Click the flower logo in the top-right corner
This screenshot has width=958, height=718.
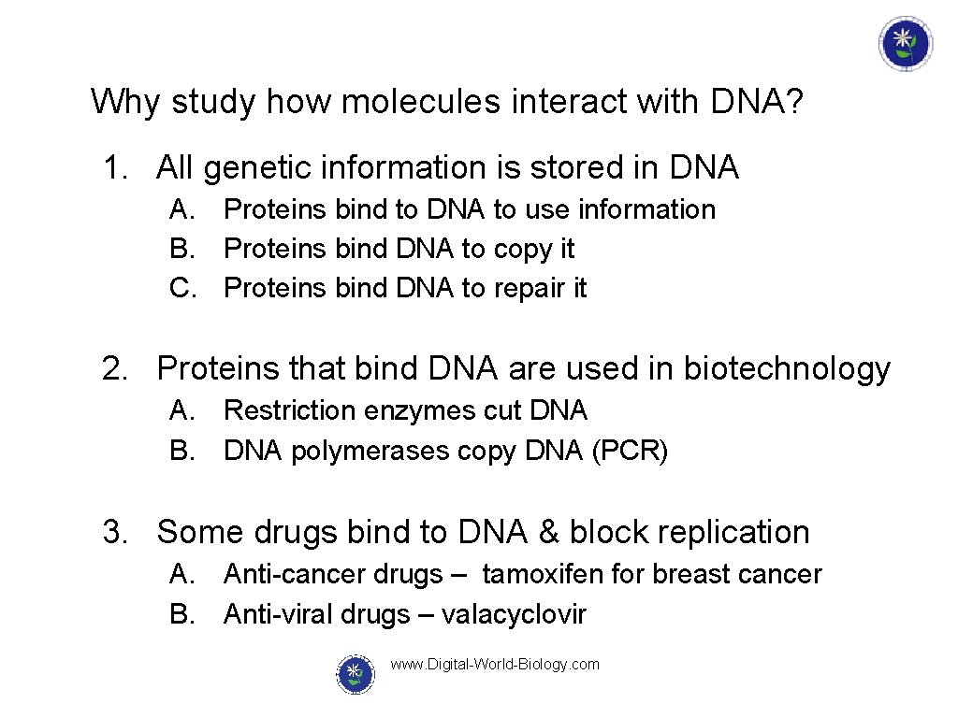click(905, 44)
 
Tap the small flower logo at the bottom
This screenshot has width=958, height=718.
click(355, 673)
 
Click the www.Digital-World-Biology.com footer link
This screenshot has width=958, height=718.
click(495, 665)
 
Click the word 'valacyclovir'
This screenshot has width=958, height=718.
click(514, 614)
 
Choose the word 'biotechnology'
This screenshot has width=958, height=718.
click(787, 369)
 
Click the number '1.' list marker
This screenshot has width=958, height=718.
click(116, 168)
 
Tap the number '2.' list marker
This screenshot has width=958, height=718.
click(116, 369)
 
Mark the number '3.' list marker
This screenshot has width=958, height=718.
click(116, 532)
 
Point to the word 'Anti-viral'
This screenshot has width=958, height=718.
click(279, 614)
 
